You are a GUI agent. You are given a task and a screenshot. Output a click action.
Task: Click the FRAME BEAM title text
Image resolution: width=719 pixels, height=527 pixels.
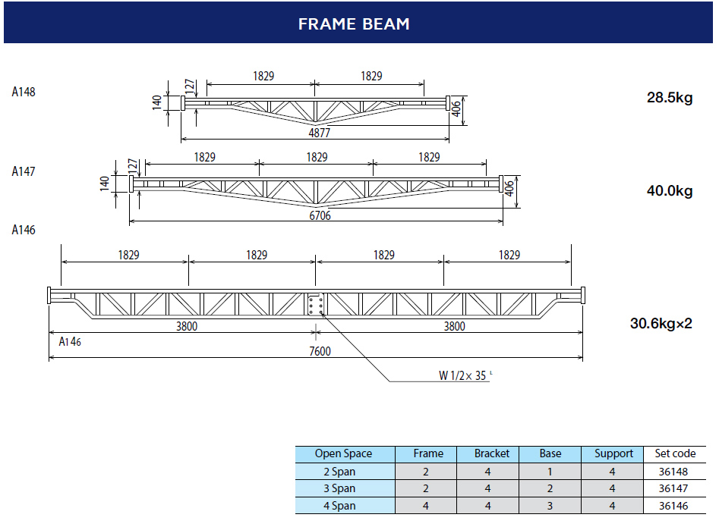click(x=354, y=24)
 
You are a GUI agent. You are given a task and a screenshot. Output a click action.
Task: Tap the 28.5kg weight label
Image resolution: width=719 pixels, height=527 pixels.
click(x=669, y=98)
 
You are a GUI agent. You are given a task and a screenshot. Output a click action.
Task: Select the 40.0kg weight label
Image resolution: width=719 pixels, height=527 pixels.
click(x=669, y=191)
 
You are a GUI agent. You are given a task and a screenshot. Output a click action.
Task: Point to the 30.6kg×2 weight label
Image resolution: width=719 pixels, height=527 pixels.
click(x=661, y=323)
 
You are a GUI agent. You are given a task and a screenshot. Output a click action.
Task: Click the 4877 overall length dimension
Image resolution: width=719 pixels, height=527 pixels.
click(x=319, y=133)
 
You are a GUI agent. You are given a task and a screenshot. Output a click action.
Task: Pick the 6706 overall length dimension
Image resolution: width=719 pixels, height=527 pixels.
click(x=319, y=215)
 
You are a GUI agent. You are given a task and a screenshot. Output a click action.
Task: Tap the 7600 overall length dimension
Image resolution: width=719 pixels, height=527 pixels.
click(x=319, y=351)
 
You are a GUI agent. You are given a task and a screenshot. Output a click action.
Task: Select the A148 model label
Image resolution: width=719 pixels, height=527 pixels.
click(x=24, y=92)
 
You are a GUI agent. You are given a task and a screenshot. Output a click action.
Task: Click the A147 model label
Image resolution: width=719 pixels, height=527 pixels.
click(x=24, y=171)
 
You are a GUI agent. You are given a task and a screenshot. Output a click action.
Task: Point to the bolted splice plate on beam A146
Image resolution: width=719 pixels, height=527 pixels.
click(x=316, y=304)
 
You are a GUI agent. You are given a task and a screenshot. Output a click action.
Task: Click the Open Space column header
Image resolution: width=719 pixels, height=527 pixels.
click(x=344, y=453)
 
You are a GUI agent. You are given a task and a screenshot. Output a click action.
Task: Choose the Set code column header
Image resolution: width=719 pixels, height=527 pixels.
click(x=675, y=453)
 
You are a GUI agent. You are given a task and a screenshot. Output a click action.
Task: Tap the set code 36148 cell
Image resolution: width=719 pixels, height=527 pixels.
click(x=675, y=472)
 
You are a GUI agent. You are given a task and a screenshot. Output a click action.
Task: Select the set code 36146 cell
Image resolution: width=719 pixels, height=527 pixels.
click(x=675, y=506)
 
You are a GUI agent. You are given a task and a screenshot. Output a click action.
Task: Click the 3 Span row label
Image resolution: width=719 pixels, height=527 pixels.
click(x=344, y=488)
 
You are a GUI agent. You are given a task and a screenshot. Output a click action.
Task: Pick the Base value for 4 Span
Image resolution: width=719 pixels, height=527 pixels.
click(x=550, y=506)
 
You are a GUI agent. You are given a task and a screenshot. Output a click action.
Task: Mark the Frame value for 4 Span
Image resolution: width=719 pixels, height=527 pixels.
click(x=427, y=506)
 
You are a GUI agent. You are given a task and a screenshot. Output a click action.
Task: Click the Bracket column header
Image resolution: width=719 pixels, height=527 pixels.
click(x=491, y=453)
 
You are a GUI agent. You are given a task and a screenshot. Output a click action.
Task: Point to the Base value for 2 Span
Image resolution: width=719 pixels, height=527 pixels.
click(x=550, y=472)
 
